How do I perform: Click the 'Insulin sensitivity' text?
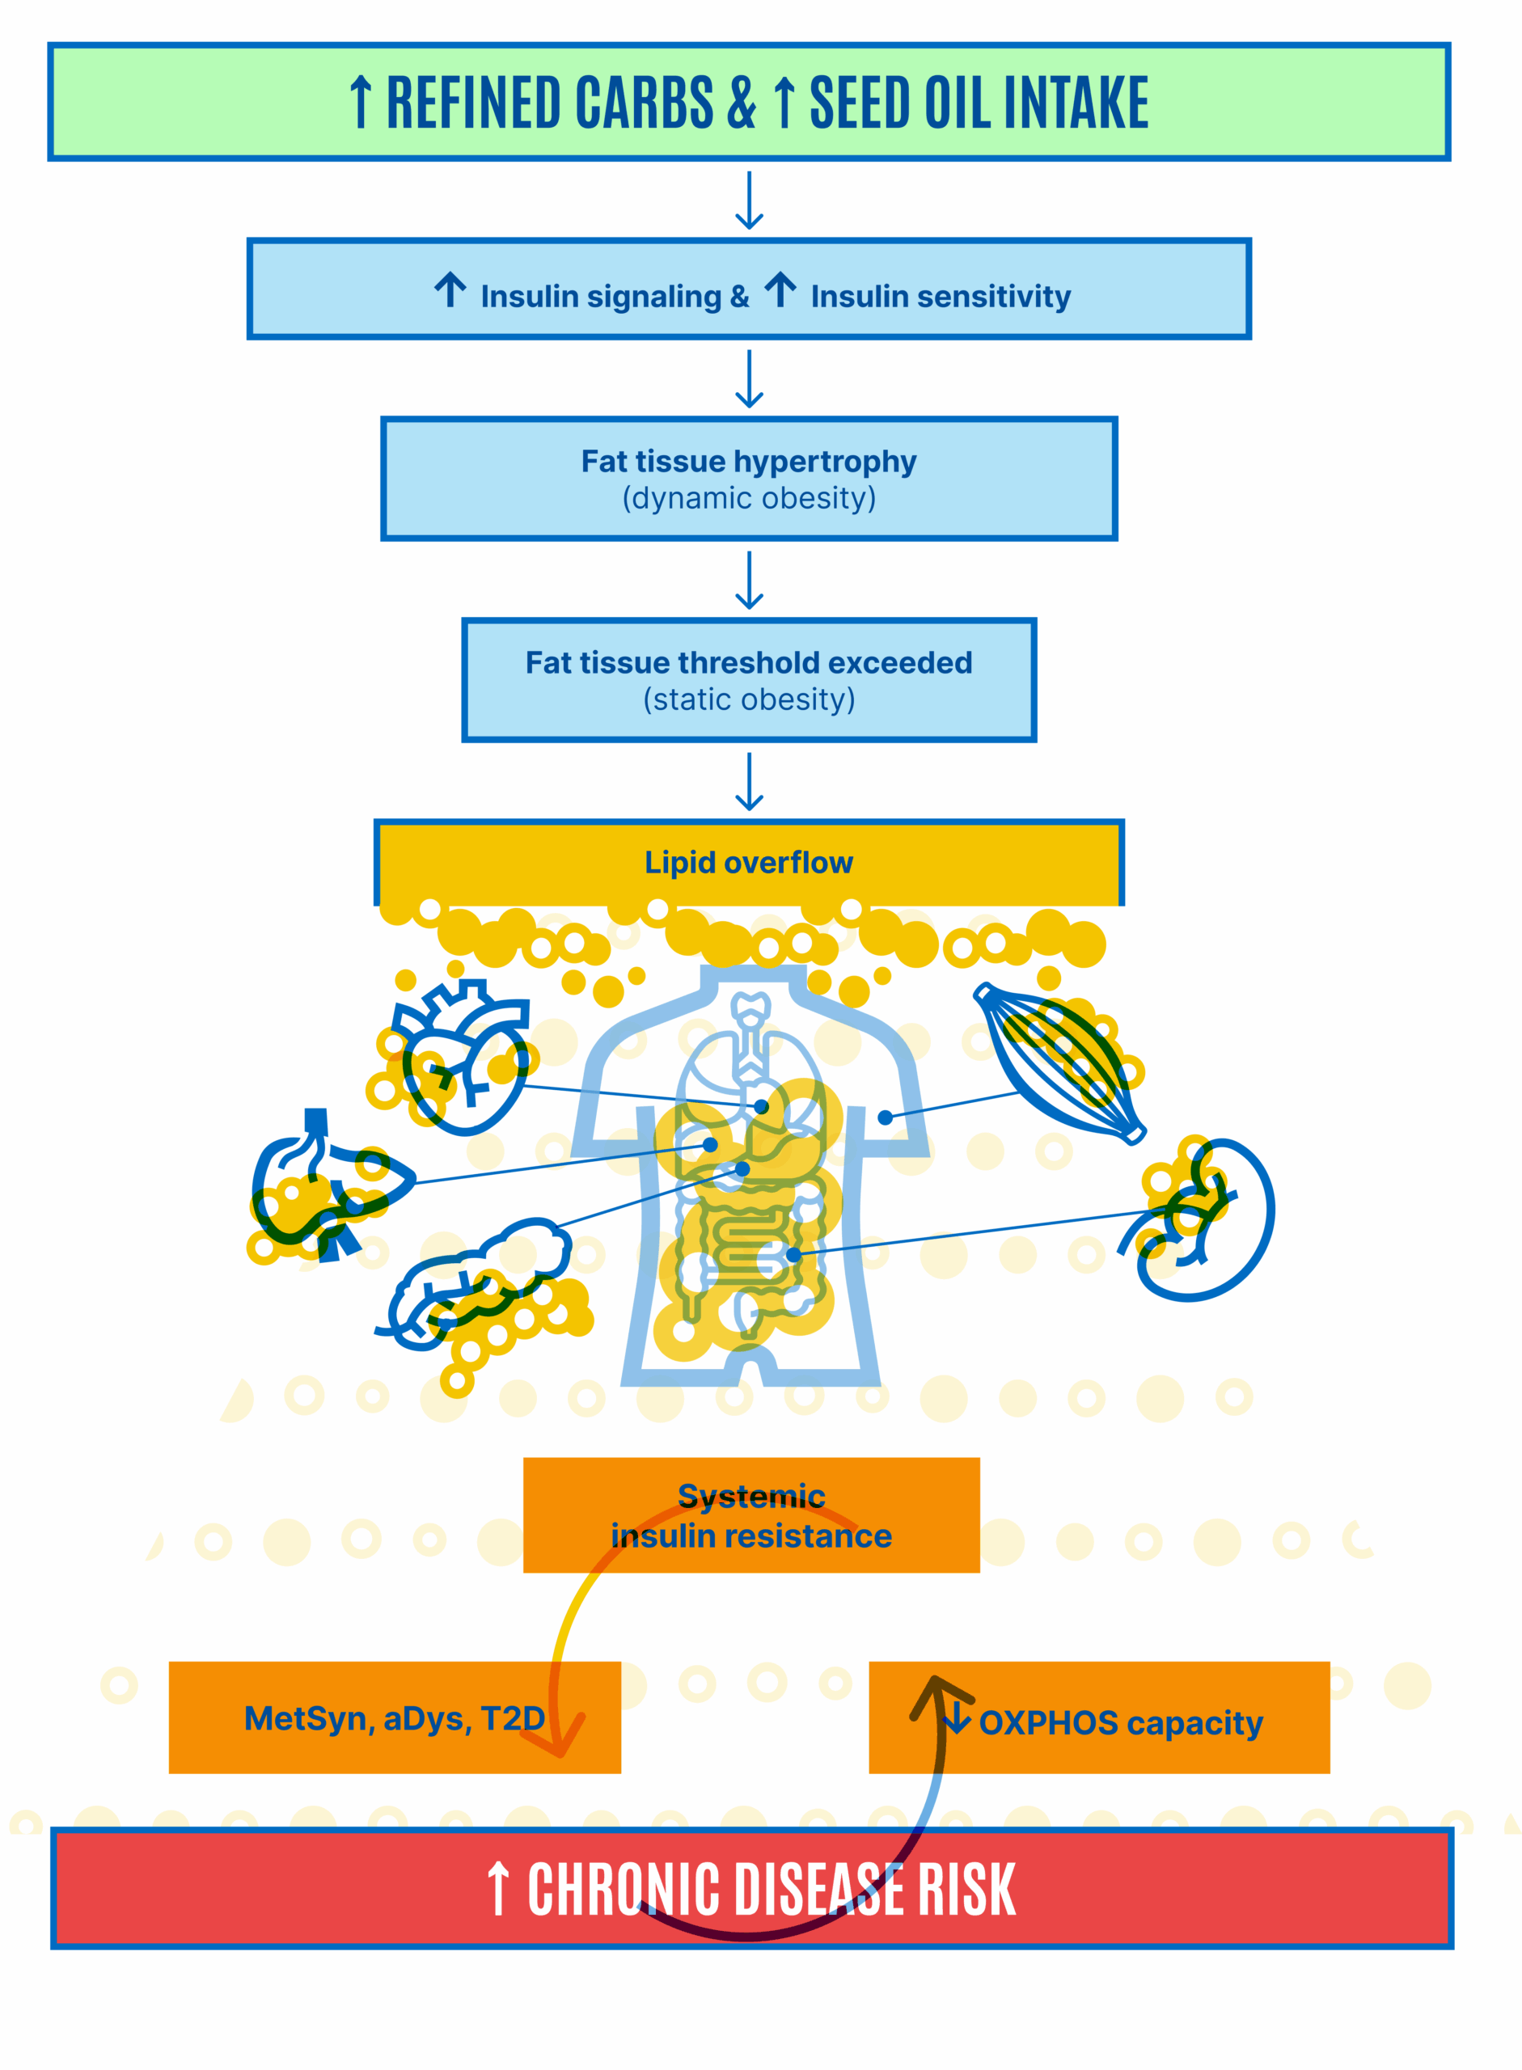pos(940,297)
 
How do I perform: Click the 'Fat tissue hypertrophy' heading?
pos(748,461)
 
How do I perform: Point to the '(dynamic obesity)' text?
pos(748,498)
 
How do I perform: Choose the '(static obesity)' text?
pos(748,699)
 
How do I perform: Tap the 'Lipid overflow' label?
pos(748,862)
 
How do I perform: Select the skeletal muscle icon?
pos(1059,1063)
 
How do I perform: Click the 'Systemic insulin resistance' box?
pos(750,1514)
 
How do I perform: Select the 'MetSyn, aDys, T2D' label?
pos(395,1718)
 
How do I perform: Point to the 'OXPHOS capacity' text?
pos(1119,1721)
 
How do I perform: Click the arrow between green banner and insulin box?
pos(749,200)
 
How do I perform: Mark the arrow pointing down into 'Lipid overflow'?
pos(749,781)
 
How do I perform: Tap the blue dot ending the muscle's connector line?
pos(885,1117)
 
